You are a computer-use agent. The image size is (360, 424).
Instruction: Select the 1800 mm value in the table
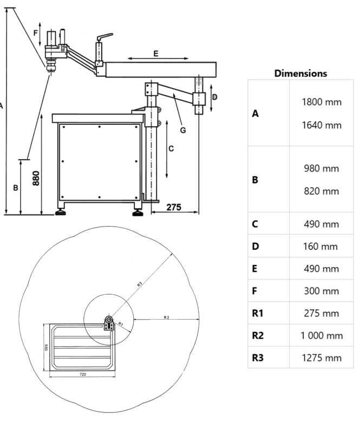pos(322,102)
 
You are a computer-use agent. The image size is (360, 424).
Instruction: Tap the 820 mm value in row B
pos(322,191)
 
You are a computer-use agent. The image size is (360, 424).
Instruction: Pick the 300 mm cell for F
pos(322,290)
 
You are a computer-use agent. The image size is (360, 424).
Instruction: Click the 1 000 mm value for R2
pos(322,335)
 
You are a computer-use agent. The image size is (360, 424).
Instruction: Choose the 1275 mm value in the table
pos(322,357)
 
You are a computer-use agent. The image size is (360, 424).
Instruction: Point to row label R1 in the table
pos(258,313)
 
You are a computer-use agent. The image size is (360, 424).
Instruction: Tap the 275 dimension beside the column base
pos(173,207)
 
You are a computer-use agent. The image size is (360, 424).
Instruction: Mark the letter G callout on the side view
pos(183,130)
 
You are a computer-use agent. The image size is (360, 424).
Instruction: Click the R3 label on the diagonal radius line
pos(139,283)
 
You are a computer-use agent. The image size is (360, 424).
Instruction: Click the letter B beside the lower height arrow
pos(16,188)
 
